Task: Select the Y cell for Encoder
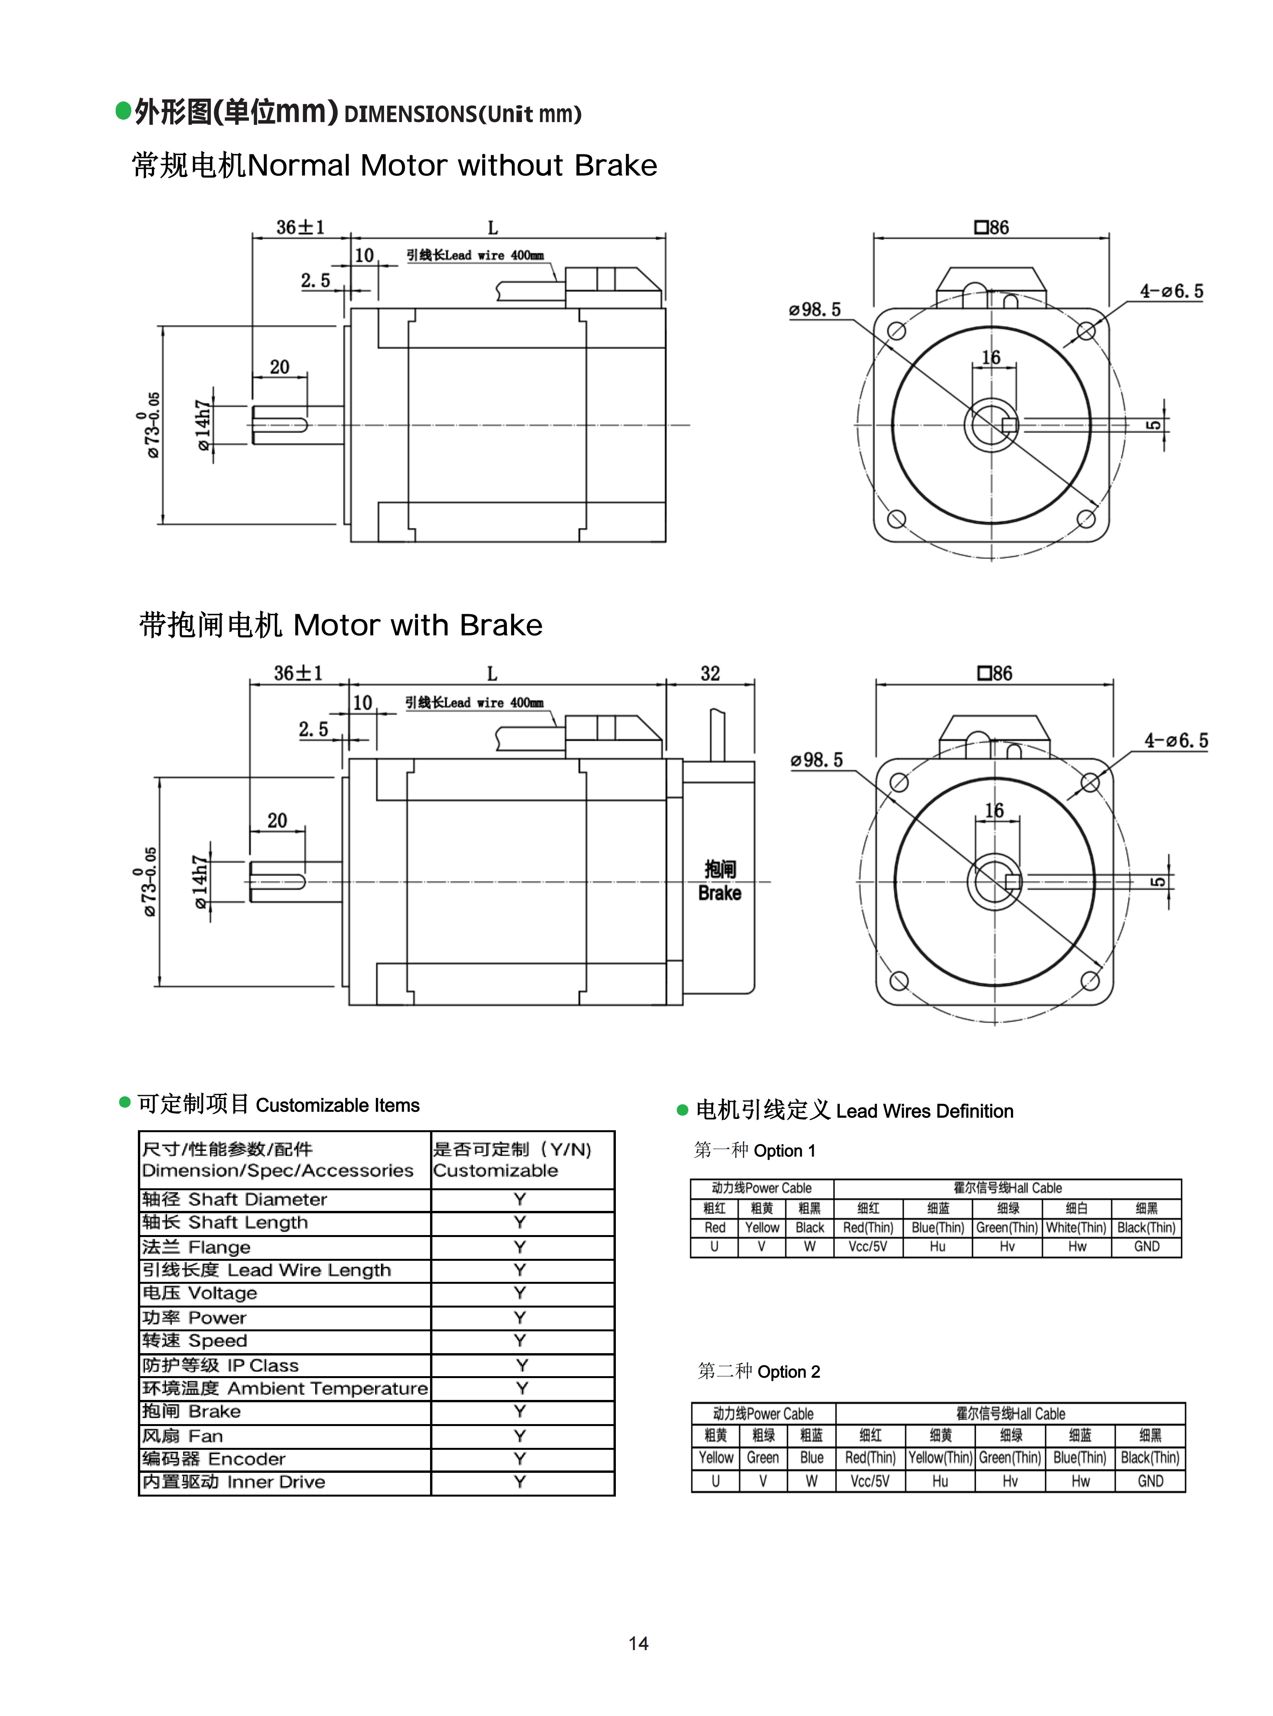[520, 1458]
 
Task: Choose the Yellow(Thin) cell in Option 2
[940, 1458]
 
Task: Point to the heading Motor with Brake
[340, 625]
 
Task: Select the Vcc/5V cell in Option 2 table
[870, 1481]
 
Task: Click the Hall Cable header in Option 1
[1007, 1188]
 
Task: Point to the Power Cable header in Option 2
[763, 1414]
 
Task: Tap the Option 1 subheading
[755, 1150]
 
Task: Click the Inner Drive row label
[233, 1482]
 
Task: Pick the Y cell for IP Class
[522, 1365]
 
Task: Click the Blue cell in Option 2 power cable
[811, 1458]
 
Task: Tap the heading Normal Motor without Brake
[395, 166]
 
